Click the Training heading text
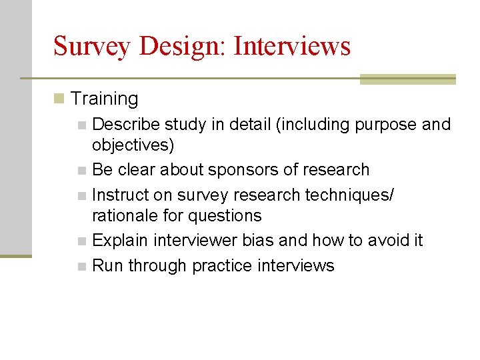coord(104,99)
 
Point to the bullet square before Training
coord(59,99)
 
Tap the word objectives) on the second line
coord(133,145)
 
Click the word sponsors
coord(241,170)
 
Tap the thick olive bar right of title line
coord(407,79)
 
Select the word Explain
coord(119,240)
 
